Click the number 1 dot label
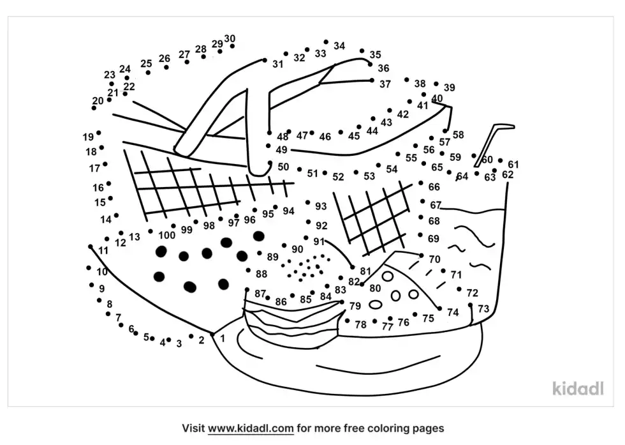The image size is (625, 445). pyautogui.click(x=223, y=338)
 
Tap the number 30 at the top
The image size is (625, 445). pyautogui.click(x=230, y=38)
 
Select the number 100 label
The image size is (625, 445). pyautogui.click(x=166, y=235)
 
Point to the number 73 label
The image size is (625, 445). pyautogui.click(x=483, y=309)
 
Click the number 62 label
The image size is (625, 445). pyautogui.click(x=508, y=174)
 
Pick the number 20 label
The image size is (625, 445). pyautogui.click(x=98, y=101)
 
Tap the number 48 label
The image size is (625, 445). pyautogui.click(x=283, y=137)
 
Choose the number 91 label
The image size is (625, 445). pyautogui.click(x=319, y=241)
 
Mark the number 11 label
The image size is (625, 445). pyautogui.click(x=103, y=251)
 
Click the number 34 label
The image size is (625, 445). pyautogui.click(x=339, y=46)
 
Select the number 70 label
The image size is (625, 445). pyautogui.click(x=434, y=259)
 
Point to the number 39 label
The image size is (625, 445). pyautogui.click(x=450, y=88)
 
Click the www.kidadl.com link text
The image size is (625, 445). pyautogui.click(x=247, y=428)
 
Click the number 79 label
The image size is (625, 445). pyautogui.click(x=355, y=306)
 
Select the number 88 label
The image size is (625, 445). pyautogui.click(x=261, y=274)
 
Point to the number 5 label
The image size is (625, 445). pyautogui.click(x=146, y=336)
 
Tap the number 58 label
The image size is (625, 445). pyautogui.click(x=459, y=135)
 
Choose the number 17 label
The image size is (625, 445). pyautogui.click(x=94, y=169)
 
